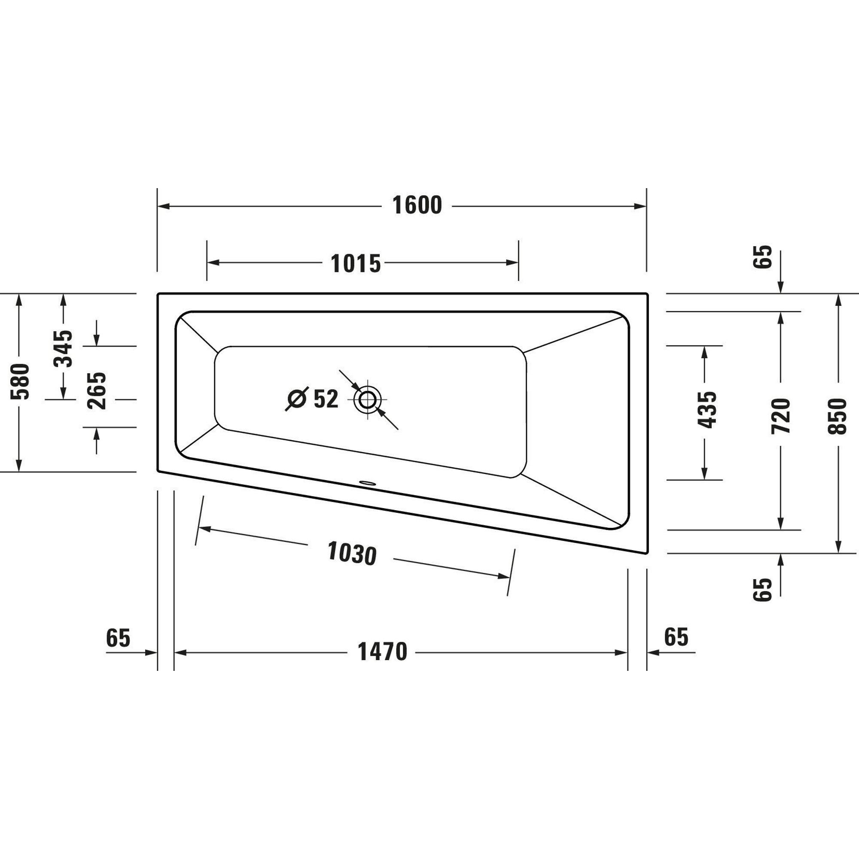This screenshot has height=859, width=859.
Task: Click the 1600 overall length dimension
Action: (x=417, y=205)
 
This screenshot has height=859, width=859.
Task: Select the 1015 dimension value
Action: (x=356, y=264)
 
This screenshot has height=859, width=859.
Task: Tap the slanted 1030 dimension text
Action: (x=352, y=554)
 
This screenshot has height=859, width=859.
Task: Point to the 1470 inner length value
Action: (x=382, y=652)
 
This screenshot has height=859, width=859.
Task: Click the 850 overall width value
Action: (x=838, y=416)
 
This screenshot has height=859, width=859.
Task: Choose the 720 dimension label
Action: (x=781, y=416)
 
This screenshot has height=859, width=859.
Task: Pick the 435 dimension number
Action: (x=707, y=410)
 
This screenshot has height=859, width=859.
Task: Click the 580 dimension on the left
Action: (x=20, y=381)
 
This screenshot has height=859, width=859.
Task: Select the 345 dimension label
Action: (x=63, y=349)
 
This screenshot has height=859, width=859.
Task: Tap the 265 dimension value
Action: (x=97, y=391)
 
